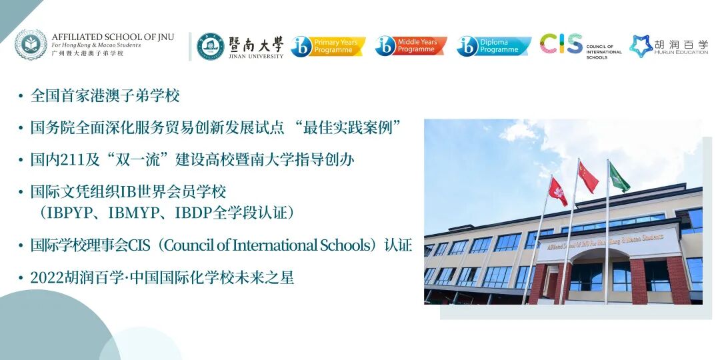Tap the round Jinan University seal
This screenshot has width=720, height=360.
tap(211, 46)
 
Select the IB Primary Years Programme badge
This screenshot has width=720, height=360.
tap(328, 46)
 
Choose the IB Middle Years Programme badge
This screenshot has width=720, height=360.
tap(411, 46)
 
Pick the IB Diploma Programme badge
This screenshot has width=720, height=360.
tap(493, 46)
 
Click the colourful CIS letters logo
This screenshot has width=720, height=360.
tap(561, 44)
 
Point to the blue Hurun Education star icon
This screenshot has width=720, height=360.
tap(641, 46)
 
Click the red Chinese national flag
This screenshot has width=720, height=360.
tap(587, 177)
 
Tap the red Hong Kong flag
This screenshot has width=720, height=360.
tap(557, 191)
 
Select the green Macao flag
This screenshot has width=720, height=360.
tap(619, 177)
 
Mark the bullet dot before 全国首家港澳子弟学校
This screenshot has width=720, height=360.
tap(21, 97)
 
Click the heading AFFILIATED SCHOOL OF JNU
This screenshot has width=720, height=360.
tap(113, 37)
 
